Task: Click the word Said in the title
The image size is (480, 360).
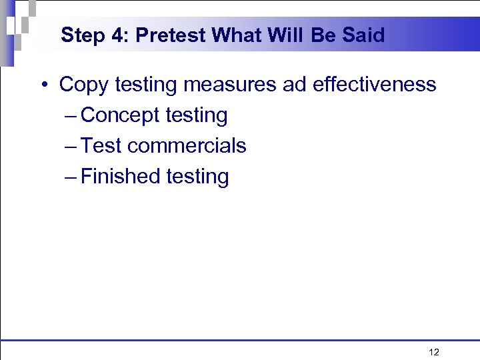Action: pyautogui.click(x=366, y=35)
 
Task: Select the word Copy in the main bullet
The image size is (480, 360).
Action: pyautogui.click(x=84, y=85)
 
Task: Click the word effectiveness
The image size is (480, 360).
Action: pyautogui.click(x=374, y=85)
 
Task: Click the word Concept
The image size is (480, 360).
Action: pyautogui.click(x=120, y=116)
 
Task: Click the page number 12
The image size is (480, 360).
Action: pyautogui.click(x=434, y=352)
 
